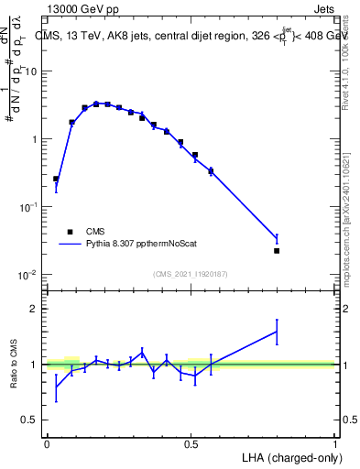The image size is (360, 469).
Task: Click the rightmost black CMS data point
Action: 277,250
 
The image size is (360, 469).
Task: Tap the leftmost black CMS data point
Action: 56,179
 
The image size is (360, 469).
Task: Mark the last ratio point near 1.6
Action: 277,332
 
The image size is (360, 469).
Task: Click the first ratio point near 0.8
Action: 56,386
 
